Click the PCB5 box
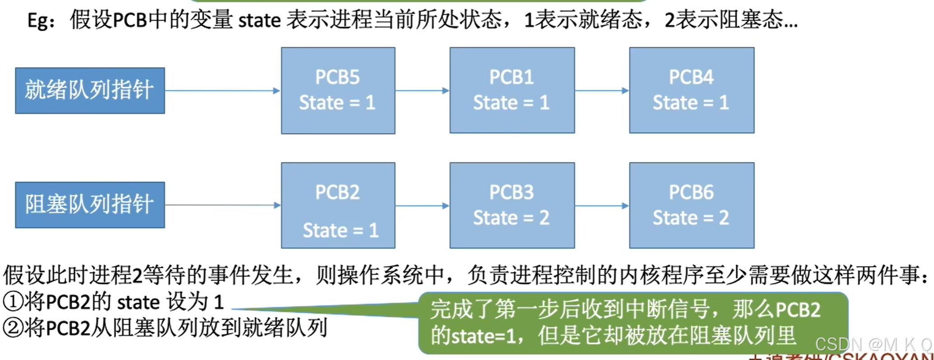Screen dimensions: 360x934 point(338,90)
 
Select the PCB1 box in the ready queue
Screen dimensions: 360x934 point(512,90)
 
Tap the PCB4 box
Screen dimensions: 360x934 point(691,90)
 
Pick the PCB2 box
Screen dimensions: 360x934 point(338,206)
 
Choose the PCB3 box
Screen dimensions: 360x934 point(512,206)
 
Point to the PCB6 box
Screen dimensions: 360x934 point(691,206)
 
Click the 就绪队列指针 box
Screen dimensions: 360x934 point(90,90)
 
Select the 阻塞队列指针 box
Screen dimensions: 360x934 point(90,205)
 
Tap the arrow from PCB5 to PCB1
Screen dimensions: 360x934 point(422,91)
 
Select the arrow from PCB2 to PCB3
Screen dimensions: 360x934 point(422,206)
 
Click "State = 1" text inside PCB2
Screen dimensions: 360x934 point(341,230)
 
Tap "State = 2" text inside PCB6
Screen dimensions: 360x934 point(690,218)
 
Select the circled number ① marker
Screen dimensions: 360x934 point(13,302)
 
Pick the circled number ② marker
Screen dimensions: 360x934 point(13,328)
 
